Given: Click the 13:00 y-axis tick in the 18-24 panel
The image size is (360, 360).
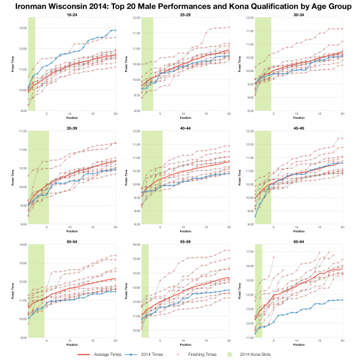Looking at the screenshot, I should (22, 28).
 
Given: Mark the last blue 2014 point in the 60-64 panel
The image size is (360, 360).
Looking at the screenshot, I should (342, 300).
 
